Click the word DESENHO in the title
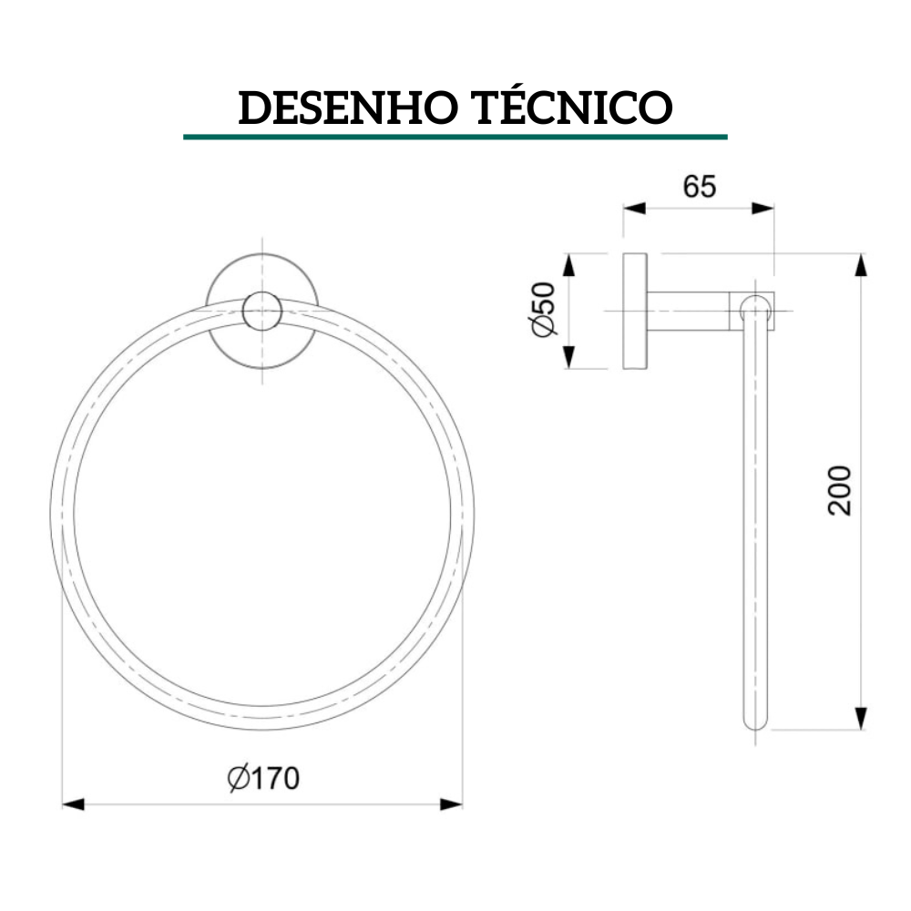click(346, 107)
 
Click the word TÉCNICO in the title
click(572, 107)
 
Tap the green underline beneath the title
click(455, 137)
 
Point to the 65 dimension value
click(700, 186)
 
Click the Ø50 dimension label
click(544, 310)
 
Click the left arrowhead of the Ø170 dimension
click(73, 804)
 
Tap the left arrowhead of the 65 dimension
click(634, 208)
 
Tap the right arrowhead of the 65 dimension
click(763, 208)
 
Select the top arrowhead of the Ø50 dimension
click(570, 265)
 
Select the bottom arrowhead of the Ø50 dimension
click(570, 357)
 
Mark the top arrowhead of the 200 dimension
click(861, 265)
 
